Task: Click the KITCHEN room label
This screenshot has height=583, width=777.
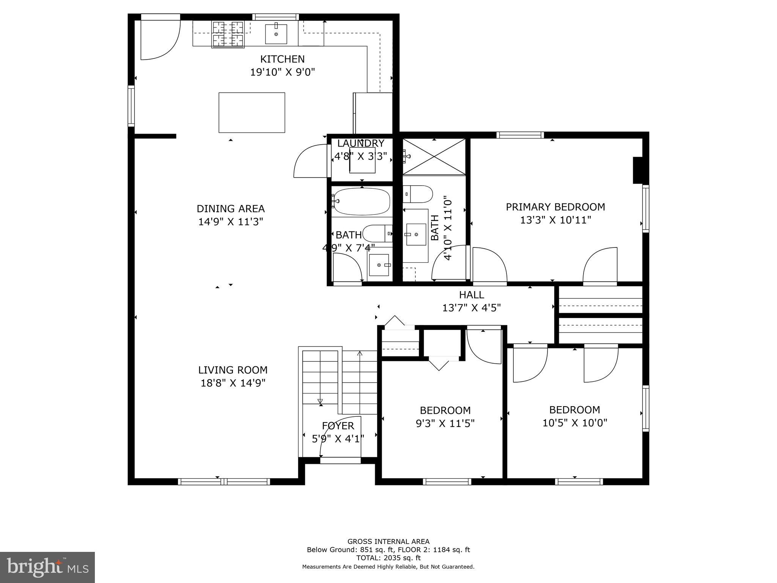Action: [x=282, y=59]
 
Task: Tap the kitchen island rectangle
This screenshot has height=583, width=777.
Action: [x=252, y=113]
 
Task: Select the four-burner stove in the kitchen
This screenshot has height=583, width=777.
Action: [x=228, y=34]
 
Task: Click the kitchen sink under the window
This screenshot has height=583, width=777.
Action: [x=276, y=34]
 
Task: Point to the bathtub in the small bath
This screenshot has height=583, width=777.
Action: [x=362, y=202]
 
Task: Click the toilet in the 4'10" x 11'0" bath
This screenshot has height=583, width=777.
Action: [x=418, y=194]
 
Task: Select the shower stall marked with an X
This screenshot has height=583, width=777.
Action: [x=434, y=157]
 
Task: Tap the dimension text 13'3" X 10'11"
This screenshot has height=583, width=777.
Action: [x=555, y=220]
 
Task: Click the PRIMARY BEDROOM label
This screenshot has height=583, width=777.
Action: [x=555, y=207]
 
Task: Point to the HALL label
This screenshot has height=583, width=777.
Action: [x=472, y=295]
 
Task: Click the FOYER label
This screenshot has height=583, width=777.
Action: [x=338, y=426]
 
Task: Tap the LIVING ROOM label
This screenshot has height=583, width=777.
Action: [x=233, y=370]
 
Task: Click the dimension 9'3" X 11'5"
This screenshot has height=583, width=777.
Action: [x=445, y=423]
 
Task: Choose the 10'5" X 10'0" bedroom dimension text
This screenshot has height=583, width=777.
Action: [x=575, y=423]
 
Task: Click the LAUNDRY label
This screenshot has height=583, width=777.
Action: [x=361, y=143]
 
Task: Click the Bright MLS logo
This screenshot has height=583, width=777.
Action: [x=47, y=567]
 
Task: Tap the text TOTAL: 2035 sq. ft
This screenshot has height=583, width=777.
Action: [x=388, y=558]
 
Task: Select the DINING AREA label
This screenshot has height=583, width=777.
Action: [x=231, y=209]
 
